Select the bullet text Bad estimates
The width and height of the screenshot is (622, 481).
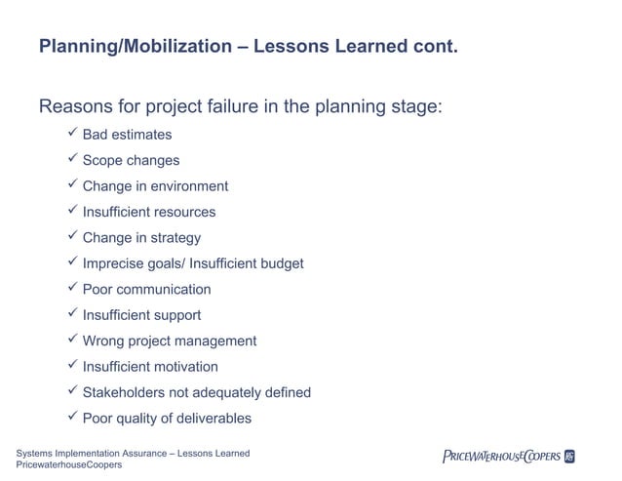[x=127, y=135]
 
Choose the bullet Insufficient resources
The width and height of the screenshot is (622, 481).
[x=149, y=212]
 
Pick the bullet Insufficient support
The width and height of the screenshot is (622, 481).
[x=141, y=315]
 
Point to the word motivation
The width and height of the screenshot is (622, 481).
[x=184, y=367]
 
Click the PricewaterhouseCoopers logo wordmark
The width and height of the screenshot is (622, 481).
[x=501, y=456]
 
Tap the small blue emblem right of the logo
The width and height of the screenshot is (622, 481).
[x=569, y=456]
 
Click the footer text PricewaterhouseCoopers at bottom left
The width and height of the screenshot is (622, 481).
[x=68, y=465]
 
